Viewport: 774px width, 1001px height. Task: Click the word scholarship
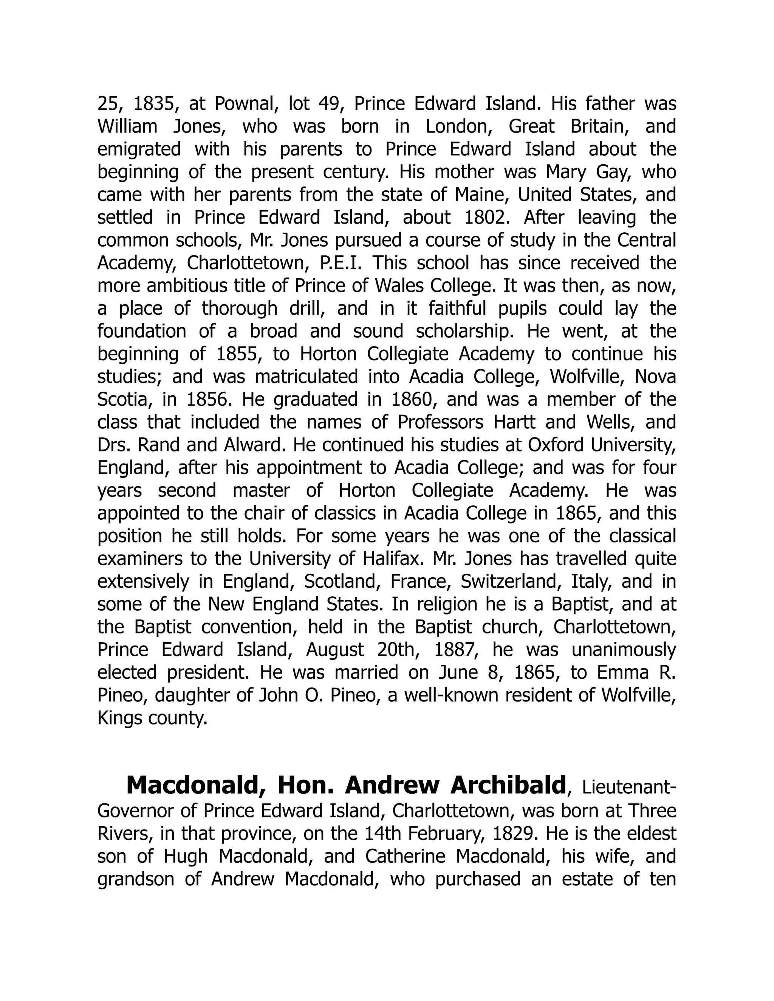463,331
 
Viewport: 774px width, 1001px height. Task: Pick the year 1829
514,834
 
